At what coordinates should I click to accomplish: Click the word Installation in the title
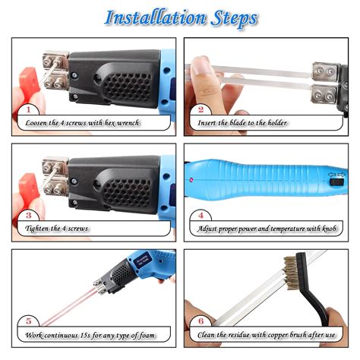pos(149,17)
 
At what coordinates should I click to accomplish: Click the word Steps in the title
pos(228,17)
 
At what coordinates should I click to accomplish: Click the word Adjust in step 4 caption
pos(212,228)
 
